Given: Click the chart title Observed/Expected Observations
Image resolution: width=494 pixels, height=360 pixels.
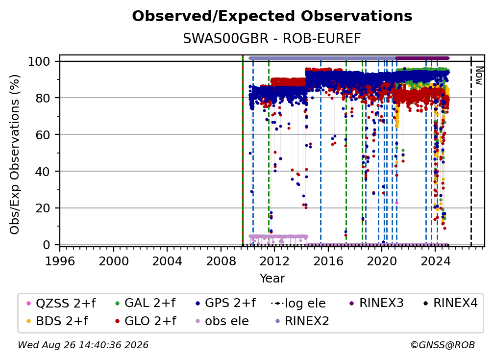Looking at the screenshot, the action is (272, 16).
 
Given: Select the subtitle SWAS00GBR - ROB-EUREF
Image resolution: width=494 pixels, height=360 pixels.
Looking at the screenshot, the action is (272, 38).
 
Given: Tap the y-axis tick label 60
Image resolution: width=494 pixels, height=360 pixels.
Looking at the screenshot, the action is (43, 134).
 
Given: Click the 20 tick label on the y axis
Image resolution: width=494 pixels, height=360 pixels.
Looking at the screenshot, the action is (43, 208).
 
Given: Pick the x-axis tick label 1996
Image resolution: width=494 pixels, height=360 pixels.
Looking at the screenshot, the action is (60, 261).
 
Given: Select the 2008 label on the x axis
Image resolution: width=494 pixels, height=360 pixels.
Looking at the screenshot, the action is (221, 261).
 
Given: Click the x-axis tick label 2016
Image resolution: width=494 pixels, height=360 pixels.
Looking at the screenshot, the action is (328, 261).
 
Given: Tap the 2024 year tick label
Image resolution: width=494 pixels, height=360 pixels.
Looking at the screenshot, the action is (435, 261).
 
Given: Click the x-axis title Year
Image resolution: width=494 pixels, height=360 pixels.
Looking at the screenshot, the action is (272, 279).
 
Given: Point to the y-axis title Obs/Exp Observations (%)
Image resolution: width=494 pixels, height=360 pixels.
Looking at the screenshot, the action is (15, 154).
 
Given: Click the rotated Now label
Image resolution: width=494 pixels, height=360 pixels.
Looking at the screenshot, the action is (479, 76).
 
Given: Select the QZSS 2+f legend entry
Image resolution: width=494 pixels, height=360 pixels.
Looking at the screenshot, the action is (61, 303).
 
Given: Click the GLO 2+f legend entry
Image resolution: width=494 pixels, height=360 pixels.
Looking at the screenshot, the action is (145, 321).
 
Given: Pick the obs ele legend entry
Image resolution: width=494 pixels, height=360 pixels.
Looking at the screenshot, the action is (220, 321).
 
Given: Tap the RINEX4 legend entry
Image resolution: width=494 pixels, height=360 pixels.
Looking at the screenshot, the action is (450, 303).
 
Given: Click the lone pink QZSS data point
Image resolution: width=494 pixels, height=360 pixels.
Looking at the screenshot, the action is (396, 203).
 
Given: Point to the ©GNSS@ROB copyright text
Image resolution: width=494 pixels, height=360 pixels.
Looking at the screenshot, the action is (443, 345).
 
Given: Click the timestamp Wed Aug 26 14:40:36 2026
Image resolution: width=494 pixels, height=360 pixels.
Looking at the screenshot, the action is (83, 345).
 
